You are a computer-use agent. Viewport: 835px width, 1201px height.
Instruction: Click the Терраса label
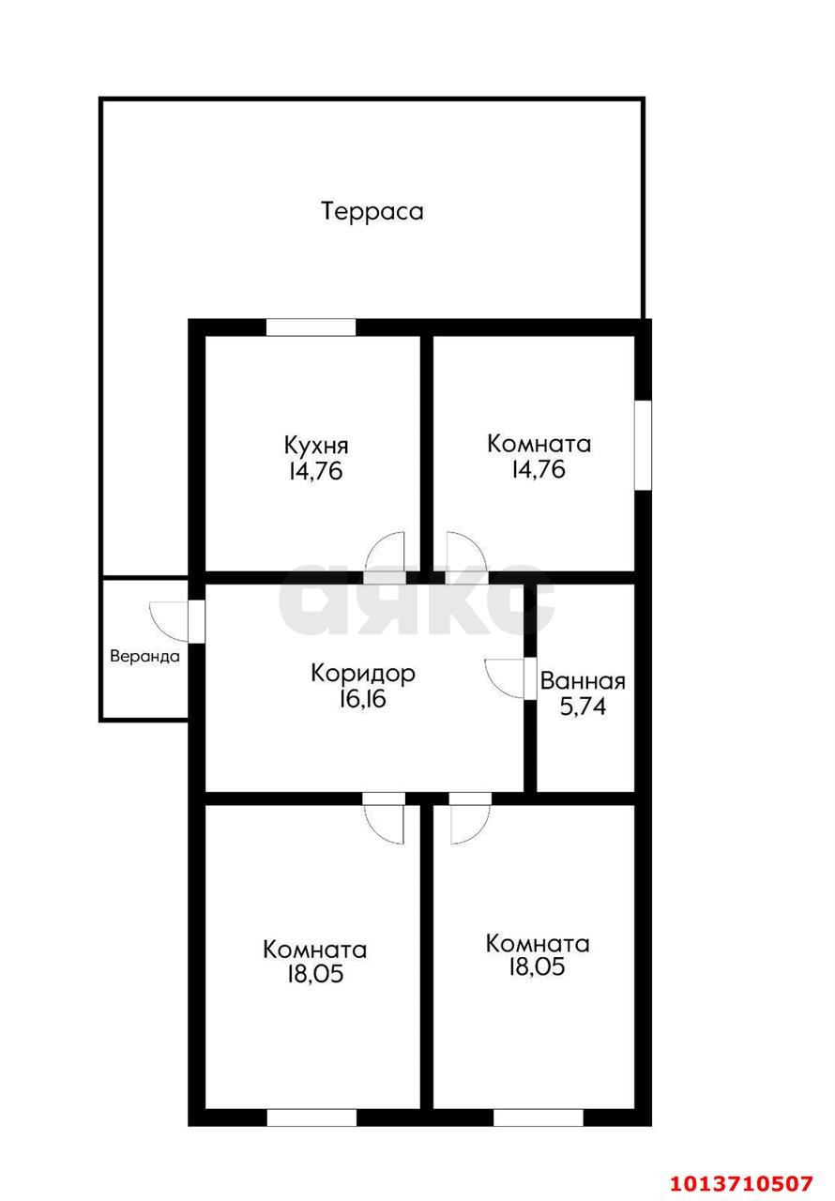tap(372, 211)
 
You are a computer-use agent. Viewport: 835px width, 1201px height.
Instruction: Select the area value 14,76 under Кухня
tap(316, 470)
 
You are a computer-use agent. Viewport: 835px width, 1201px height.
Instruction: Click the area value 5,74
tap(583, 707)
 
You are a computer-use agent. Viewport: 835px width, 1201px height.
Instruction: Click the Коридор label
tap(363, 673)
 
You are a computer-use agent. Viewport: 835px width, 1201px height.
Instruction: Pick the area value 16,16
tap(363, 699)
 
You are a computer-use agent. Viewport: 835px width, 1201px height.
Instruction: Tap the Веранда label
tap(144, 657)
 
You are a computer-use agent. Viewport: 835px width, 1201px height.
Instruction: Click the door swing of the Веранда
tap(168, 620)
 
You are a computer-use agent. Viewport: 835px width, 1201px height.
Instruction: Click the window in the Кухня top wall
tap(311, 327)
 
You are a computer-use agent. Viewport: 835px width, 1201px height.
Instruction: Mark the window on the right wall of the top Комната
tap(643, 445)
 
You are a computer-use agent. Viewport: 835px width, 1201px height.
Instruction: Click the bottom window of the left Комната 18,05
tap(311, 1117)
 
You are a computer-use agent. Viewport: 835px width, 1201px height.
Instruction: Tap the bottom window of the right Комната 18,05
tap(538, 1117)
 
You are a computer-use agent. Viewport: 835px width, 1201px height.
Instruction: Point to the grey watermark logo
tap(417, 600)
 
